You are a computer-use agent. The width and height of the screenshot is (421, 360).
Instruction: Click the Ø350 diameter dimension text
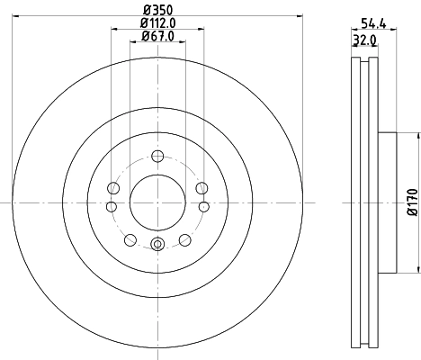157,10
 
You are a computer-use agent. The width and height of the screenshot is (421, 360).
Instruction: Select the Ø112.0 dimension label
157,24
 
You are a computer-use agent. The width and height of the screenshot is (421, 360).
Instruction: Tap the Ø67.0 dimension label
157,37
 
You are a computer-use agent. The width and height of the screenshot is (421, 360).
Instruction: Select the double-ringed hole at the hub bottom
157,243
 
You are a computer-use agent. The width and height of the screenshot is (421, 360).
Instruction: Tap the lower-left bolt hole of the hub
130,238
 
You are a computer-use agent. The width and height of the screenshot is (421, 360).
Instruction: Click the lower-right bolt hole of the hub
185,238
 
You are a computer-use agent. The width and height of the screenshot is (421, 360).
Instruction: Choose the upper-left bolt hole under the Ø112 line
112,188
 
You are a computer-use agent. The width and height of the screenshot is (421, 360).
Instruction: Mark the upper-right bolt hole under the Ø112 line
202,188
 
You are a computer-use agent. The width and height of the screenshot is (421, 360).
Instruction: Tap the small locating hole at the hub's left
112,205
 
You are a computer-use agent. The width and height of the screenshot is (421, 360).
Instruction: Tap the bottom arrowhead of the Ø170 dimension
418,267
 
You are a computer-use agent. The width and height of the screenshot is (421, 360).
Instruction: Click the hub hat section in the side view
387,202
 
